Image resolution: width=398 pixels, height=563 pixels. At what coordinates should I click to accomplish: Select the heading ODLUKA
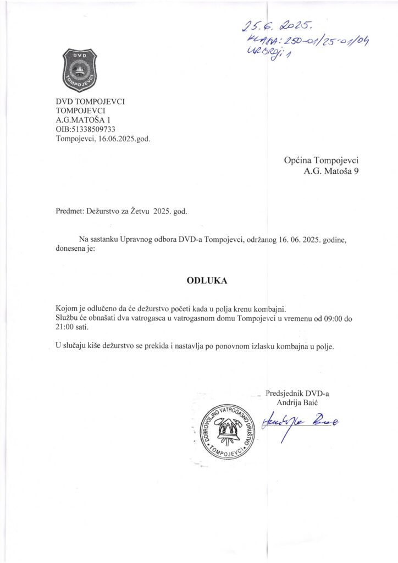pyautogui.click(x=199, y=280)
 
